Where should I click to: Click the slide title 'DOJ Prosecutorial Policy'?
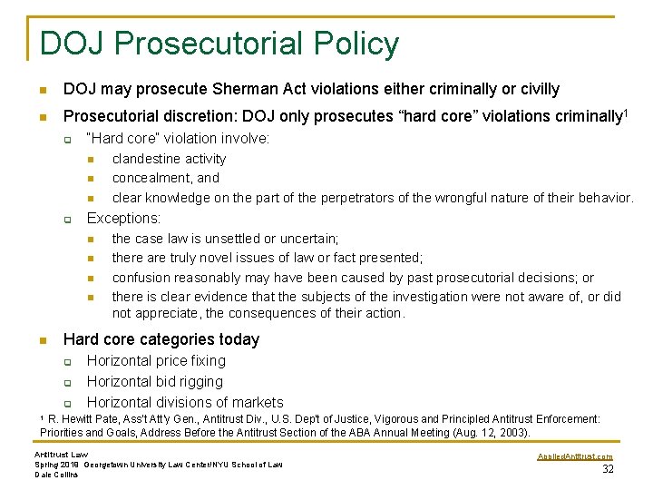[219, 44]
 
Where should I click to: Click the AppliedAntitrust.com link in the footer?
[575, 456]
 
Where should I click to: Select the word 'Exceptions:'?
[123, 218]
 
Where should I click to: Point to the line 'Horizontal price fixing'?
[155, 361]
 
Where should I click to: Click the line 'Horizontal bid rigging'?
[154, 382]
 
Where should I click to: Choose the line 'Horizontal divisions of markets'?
[185, 402]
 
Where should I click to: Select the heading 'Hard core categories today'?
[161, 339]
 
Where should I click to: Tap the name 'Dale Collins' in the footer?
[57, 475]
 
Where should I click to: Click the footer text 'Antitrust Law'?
[61, 454]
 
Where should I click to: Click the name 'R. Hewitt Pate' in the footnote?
[90, 419]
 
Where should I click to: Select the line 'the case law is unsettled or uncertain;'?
[225, 239]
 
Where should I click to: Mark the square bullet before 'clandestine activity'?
[91, 160]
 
